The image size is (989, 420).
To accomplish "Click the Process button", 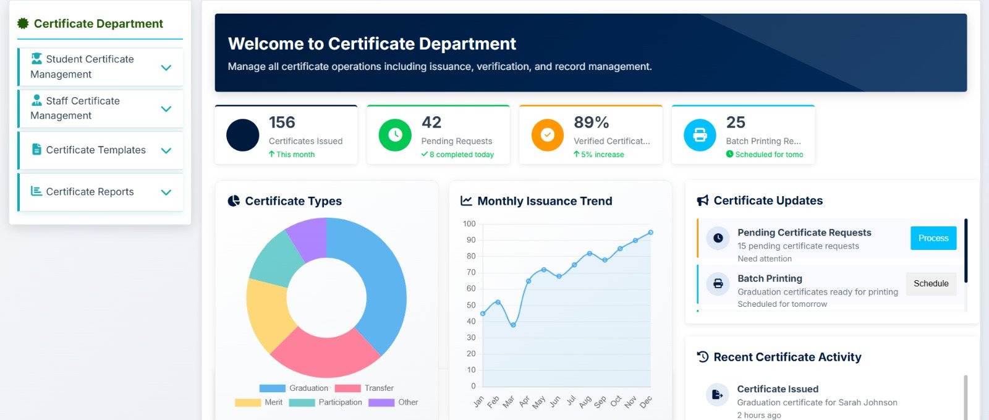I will click(x=933, y=238).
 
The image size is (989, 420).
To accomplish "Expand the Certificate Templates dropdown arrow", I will click(x=166, y=150).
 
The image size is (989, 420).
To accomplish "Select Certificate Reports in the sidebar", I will click(x=90, y=192).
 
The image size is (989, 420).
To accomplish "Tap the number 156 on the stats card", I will click(x=282, y=122).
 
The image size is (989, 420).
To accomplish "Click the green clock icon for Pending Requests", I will click(x=395, y=135).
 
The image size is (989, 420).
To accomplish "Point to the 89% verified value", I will click(x=591, y=122).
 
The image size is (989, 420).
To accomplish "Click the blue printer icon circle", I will click(x=700, y=135).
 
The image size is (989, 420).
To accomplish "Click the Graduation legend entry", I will click(x=294, y=388).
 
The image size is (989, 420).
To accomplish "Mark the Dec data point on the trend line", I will click(x=650, y=233).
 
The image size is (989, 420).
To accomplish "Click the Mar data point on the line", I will click(x=513, y=325).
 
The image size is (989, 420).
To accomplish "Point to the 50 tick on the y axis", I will click(x=470, y=305).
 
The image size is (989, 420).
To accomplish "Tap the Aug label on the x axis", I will click(x=585, y=402).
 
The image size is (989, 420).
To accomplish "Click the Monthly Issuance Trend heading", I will click(x=545, y=201).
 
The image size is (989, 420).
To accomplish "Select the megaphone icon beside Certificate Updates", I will click(x=703, y=200).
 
